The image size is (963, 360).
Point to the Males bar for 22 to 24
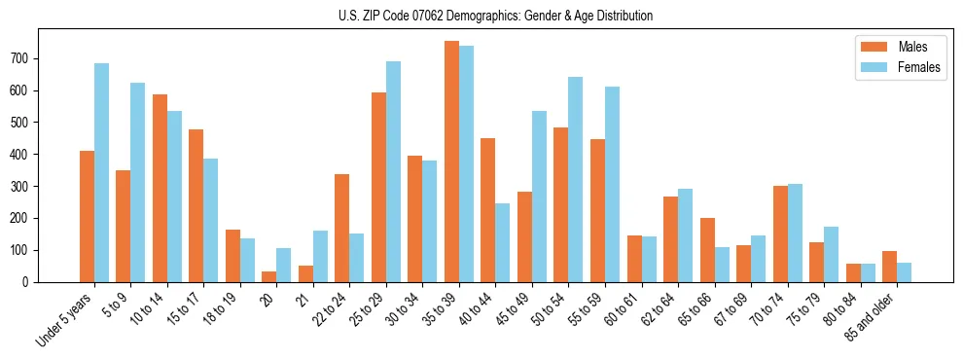click(x=342, y=228)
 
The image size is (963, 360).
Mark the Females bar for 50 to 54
click(x=576, y=179)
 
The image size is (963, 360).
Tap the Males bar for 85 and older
click(x=889, y=267)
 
